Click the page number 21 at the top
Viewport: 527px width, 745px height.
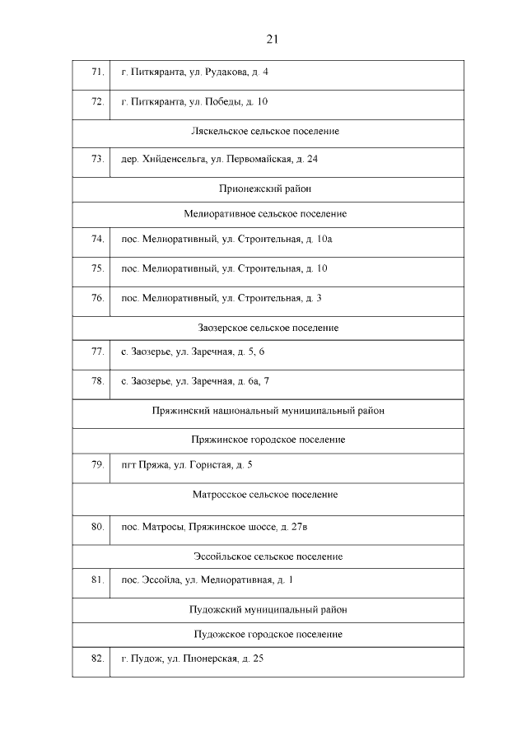point(273,39)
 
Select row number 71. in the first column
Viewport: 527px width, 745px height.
point(97,72)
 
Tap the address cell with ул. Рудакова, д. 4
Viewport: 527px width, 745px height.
point(194,72)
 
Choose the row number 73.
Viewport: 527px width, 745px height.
point(97,159)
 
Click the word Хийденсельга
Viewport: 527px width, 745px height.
point(176,159)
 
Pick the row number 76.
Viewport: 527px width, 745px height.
point(97,297)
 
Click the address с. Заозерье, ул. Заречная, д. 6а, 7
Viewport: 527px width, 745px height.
point(195,381)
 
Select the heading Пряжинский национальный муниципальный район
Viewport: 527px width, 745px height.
point(268,410)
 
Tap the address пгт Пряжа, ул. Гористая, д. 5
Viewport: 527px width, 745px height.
point(186,465)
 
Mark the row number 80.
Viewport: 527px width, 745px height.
point(97,525)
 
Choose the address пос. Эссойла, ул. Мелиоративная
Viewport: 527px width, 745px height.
point(207,580)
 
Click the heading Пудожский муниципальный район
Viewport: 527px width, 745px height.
point(268,609)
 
